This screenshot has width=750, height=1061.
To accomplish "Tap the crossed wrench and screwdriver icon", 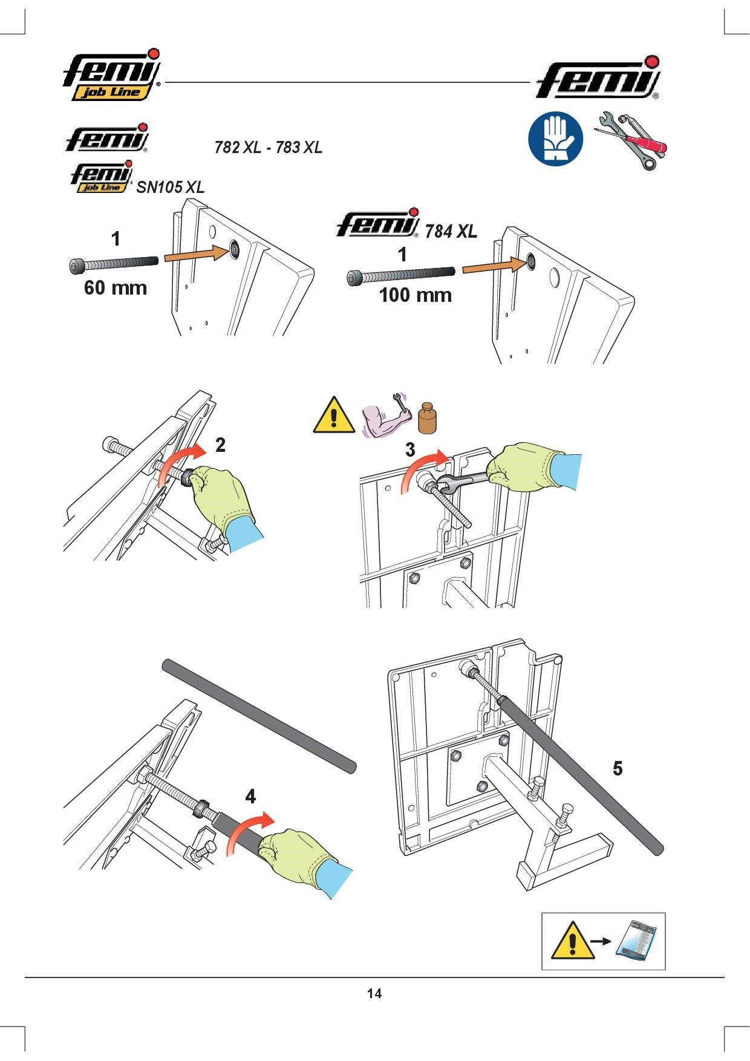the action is coord(631,140).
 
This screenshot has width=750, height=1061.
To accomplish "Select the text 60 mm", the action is coord(116,287).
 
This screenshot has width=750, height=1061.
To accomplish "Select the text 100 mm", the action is coord(416,295).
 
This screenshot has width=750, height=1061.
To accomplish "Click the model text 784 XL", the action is coord(451,231).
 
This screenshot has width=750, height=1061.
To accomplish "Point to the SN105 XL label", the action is coord(171,187).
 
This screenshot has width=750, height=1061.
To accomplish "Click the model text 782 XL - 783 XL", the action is coord(269,147).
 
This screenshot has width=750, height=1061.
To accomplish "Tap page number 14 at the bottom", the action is coord(374,993).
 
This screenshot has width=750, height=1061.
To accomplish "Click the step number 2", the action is coord(220,445).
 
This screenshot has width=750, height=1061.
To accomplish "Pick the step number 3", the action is coord(410,449).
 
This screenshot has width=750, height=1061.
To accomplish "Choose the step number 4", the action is coord(250,797).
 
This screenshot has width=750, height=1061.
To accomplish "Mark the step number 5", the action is coord(618,768).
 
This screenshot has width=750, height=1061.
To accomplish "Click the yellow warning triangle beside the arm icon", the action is coord(334,415).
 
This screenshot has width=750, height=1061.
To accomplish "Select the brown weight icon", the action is coord(428,418).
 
